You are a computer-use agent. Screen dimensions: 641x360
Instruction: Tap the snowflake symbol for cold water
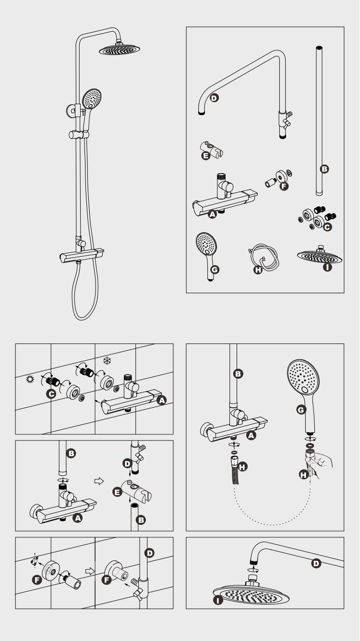pyautogui.click(x=107, y=359)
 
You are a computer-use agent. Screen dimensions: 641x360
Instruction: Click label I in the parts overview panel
pyautogui.click(x=328, y=267)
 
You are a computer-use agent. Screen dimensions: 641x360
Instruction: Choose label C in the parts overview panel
pyautogui.click(x=328, y=228)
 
